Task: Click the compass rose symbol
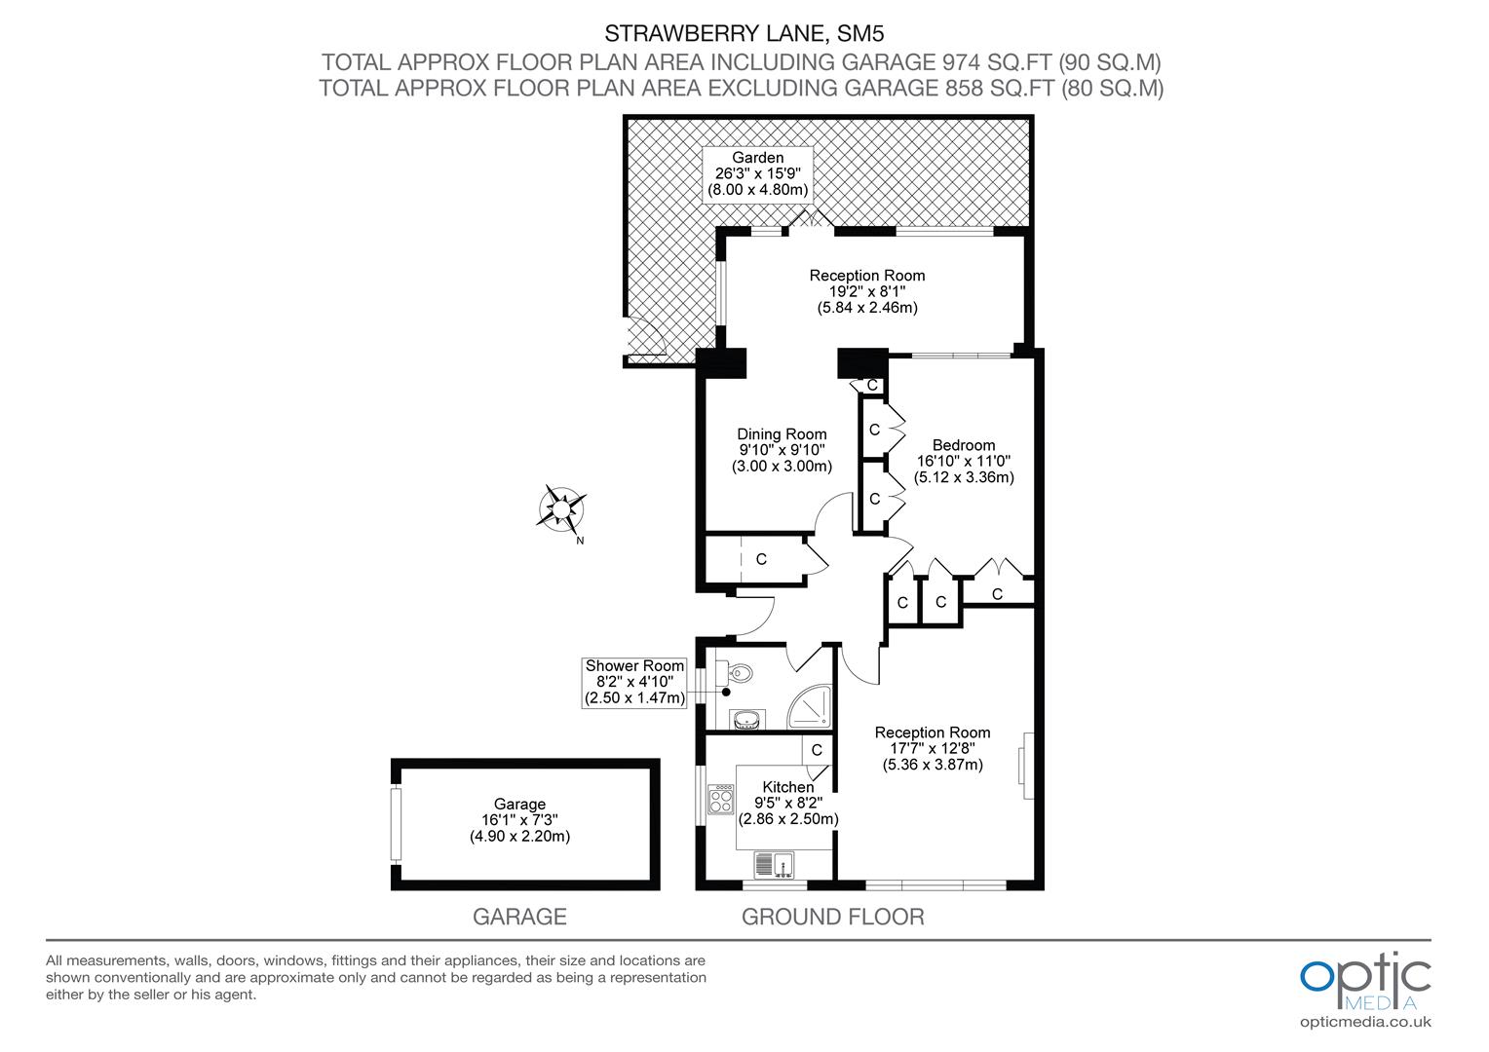pyautogui.click(x=562, y=508)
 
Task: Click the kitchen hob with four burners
pyautogui.click(x=722, y=800)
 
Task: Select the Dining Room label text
pyautogui.click(x=782, y=450)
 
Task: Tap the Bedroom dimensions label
pyautogui.click(x=963, y=462)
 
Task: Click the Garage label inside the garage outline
pyautogui.click(x=519, y=819)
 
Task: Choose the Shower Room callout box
pyautogui.click(x=634, y=682)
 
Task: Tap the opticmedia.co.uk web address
pyautogui.click(x=1365, y=1022)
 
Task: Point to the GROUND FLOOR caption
pyautogui.click(x=833, y=917)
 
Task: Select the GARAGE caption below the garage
pyautogui.click(x=519, y=917)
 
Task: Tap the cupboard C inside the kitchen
pyautogui.click(x=817, y=750)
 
